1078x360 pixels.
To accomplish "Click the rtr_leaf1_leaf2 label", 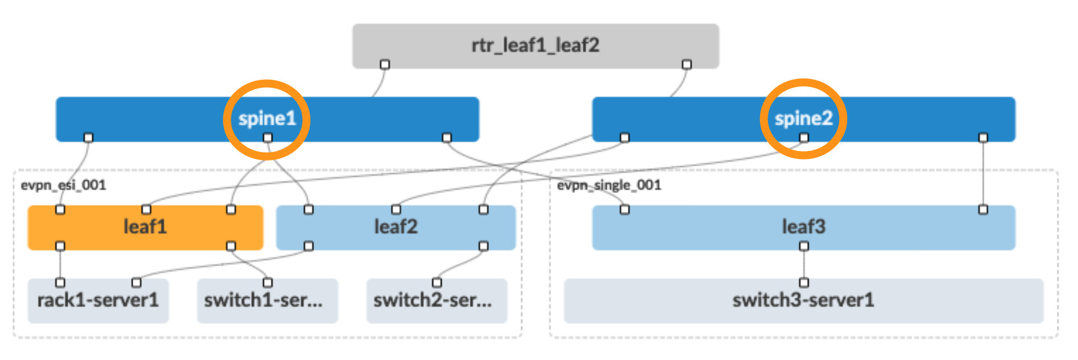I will tap(535, 45).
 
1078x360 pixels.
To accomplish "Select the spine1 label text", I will tap(267, 118).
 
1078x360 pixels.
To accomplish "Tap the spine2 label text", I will tap(803, 118).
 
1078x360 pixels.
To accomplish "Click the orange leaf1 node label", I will tap(145, 227).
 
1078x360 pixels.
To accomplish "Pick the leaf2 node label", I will tap(395, 227).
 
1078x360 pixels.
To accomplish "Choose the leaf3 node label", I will tap(803, 227).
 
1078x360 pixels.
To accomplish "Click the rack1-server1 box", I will tap(98, 300).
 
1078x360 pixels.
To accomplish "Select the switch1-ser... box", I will tap(263, 300).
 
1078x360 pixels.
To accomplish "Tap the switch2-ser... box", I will tap(432, 300).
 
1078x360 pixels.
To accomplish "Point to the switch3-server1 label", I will tap(803, 300).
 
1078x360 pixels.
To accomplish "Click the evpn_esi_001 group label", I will tap(63, 185).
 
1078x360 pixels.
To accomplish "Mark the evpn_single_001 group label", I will tap(609, 185).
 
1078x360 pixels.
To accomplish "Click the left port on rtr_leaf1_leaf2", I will tap(385, 64).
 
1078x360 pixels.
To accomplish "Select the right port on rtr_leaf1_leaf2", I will tap(687, 64).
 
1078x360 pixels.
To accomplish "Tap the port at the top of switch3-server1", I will tap(804, 283).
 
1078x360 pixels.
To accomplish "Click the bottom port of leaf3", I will tap(804, 246).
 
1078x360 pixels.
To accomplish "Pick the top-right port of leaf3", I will tap(983, 210).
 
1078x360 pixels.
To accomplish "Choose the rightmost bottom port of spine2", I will tap(983, 137).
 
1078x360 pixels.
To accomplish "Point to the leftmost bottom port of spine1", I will tap(88, 137).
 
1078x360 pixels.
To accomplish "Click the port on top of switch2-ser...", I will tap(437, 283).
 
